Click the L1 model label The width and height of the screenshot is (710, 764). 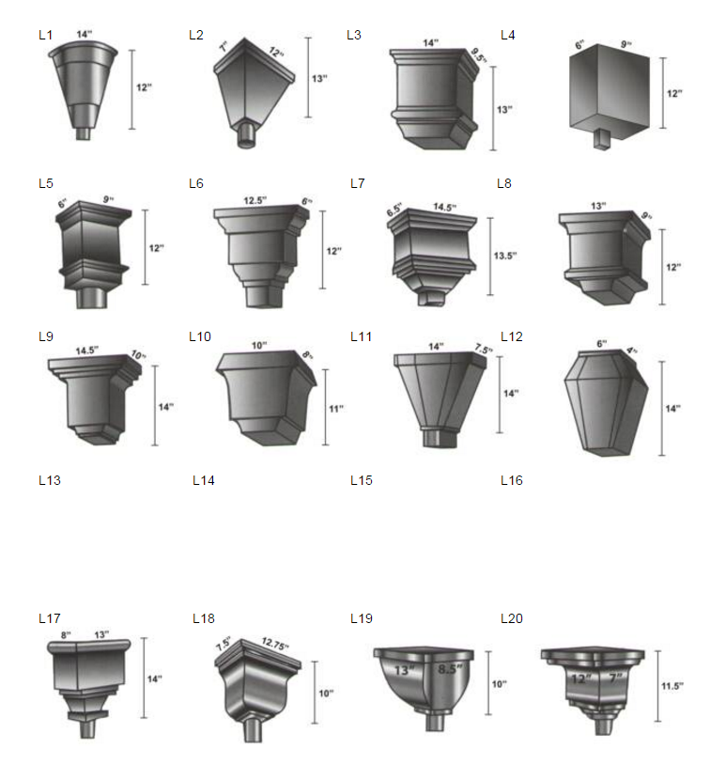click(x=45, y=35)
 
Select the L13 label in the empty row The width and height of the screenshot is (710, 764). click(x=50, y=480)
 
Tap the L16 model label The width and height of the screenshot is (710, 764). click(x=511, y=480)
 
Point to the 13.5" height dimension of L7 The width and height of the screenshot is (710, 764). click(x=505, y=256)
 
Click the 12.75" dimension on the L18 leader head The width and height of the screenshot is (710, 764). click(x=275, y=644)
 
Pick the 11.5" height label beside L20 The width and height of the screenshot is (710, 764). click(x=672, y=686)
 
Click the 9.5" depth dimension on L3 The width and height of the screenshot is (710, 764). click(x=479, y=55)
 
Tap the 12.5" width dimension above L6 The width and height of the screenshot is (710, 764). click(x=255, y=200)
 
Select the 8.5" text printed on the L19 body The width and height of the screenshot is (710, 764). click(x=449, y=669)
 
